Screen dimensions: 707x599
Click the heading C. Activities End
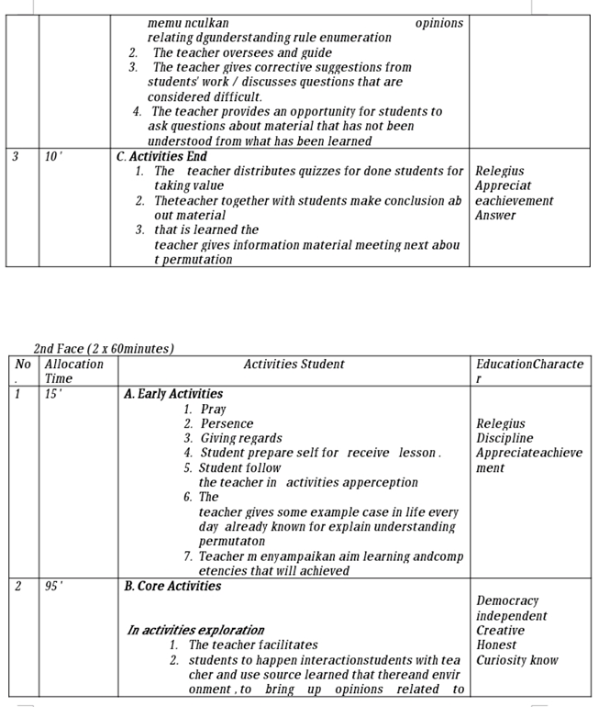point(161,156)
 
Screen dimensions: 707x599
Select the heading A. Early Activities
point(173,394)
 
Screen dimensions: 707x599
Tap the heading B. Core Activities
point(172,586)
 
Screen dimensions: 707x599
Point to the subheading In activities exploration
point(195,630)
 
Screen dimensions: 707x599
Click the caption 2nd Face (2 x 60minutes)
point(104,349)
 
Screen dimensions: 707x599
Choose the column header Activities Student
point(294,365)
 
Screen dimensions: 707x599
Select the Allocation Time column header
point(74,371)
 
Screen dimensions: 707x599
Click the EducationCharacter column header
point(529,371)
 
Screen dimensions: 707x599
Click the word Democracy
point(507,600)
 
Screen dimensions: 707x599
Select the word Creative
point(500,630)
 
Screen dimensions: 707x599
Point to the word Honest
point(496,645)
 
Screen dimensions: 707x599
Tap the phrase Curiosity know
point(516,659)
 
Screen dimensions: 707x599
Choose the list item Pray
point(213,409)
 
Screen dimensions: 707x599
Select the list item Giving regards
point(241,438)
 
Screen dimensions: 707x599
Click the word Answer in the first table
point(495,215)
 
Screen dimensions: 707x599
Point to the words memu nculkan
point(188,23)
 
